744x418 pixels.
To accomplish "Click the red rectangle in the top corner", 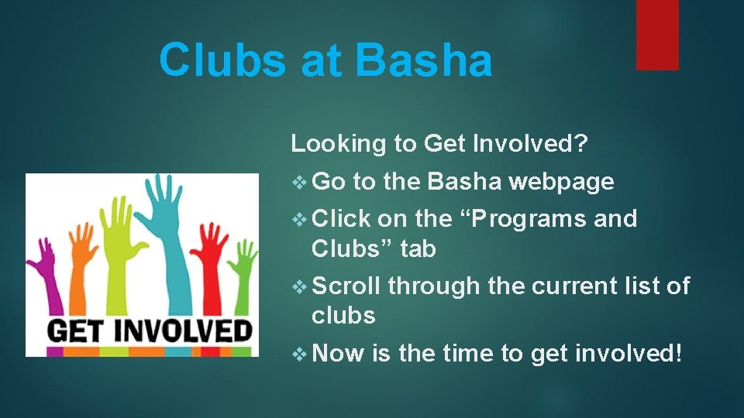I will pos(657,34).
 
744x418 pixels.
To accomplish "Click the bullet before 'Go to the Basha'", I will pos(301,183).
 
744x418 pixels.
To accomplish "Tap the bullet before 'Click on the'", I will pos(301,219).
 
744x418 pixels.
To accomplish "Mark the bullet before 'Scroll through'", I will pos(301,286).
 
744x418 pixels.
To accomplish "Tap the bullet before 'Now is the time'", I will pos(301,354).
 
